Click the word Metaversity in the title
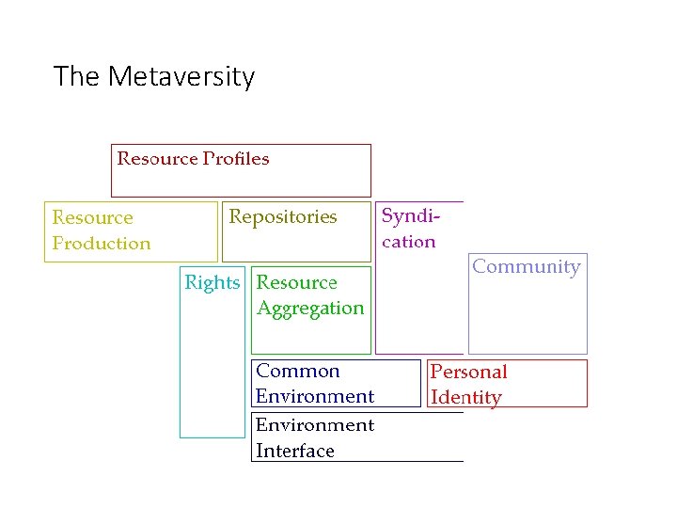coord(181,76)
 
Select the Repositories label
coord(283,216)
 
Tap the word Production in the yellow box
coord(102,243)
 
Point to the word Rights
coord(213,282)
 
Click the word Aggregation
coord(310,308)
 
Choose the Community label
coord(527,266)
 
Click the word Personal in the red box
coord(468,372)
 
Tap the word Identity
coord(465,397)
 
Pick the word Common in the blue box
coord(298,371)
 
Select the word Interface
coord(295,451)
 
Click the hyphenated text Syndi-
coord(410,215)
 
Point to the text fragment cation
coord(408,241)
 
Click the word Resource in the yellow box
coord(92,217)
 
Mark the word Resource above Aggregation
coord(297,282)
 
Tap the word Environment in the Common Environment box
coord(315,396)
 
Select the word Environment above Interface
coord(315,425)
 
